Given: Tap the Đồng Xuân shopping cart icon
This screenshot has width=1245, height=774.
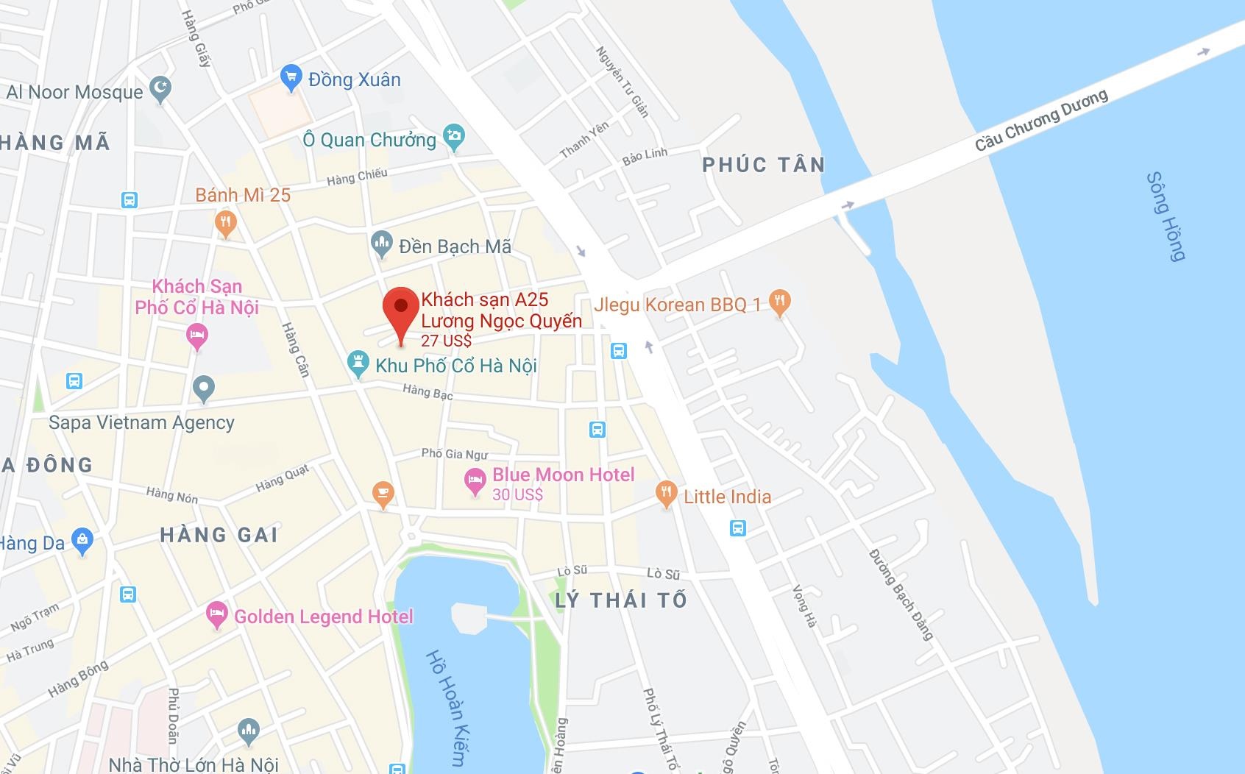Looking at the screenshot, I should [x=291, y=77].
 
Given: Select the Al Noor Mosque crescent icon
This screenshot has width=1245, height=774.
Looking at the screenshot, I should [x=160, y=89].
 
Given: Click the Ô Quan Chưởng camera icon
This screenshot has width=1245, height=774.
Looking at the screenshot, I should [x=454, y=136].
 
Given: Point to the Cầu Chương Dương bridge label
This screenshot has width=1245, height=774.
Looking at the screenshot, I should [x=1041, y=120].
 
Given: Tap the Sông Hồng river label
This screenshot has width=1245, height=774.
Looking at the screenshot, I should [x=1166, y=216].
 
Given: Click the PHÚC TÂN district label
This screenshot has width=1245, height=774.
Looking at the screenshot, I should [x=763, y=165].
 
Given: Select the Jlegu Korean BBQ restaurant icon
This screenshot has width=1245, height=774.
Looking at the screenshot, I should [x=779, y=302].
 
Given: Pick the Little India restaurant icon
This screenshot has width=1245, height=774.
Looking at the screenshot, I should [x=666, y=493].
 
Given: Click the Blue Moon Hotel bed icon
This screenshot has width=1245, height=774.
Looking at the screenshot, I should [x=475, y=480].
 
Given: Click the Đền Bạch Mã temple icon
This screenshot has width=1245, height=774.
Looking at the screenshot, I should [x=381, y=244].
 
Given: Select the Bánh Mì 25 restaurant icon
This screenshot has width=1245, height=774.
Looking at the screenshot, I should [x=225, y=222].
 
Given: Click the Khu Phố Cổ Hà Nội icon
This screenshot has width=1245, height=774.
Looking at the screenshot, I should [x=358, y=363].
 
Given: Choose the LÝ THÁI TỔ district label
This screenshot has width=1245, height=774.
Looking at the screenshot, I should [x=621, y=600].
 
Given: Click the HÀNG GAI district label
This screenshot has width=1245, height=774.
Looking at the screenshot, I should [x=219, y=535].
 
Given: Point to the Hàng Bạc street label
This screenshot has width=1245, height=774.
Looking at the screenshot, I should [x=428, y=392].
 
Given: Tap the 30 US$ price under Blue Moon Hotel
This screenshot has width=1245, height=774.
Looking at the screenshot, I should [x=517, y=495].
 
